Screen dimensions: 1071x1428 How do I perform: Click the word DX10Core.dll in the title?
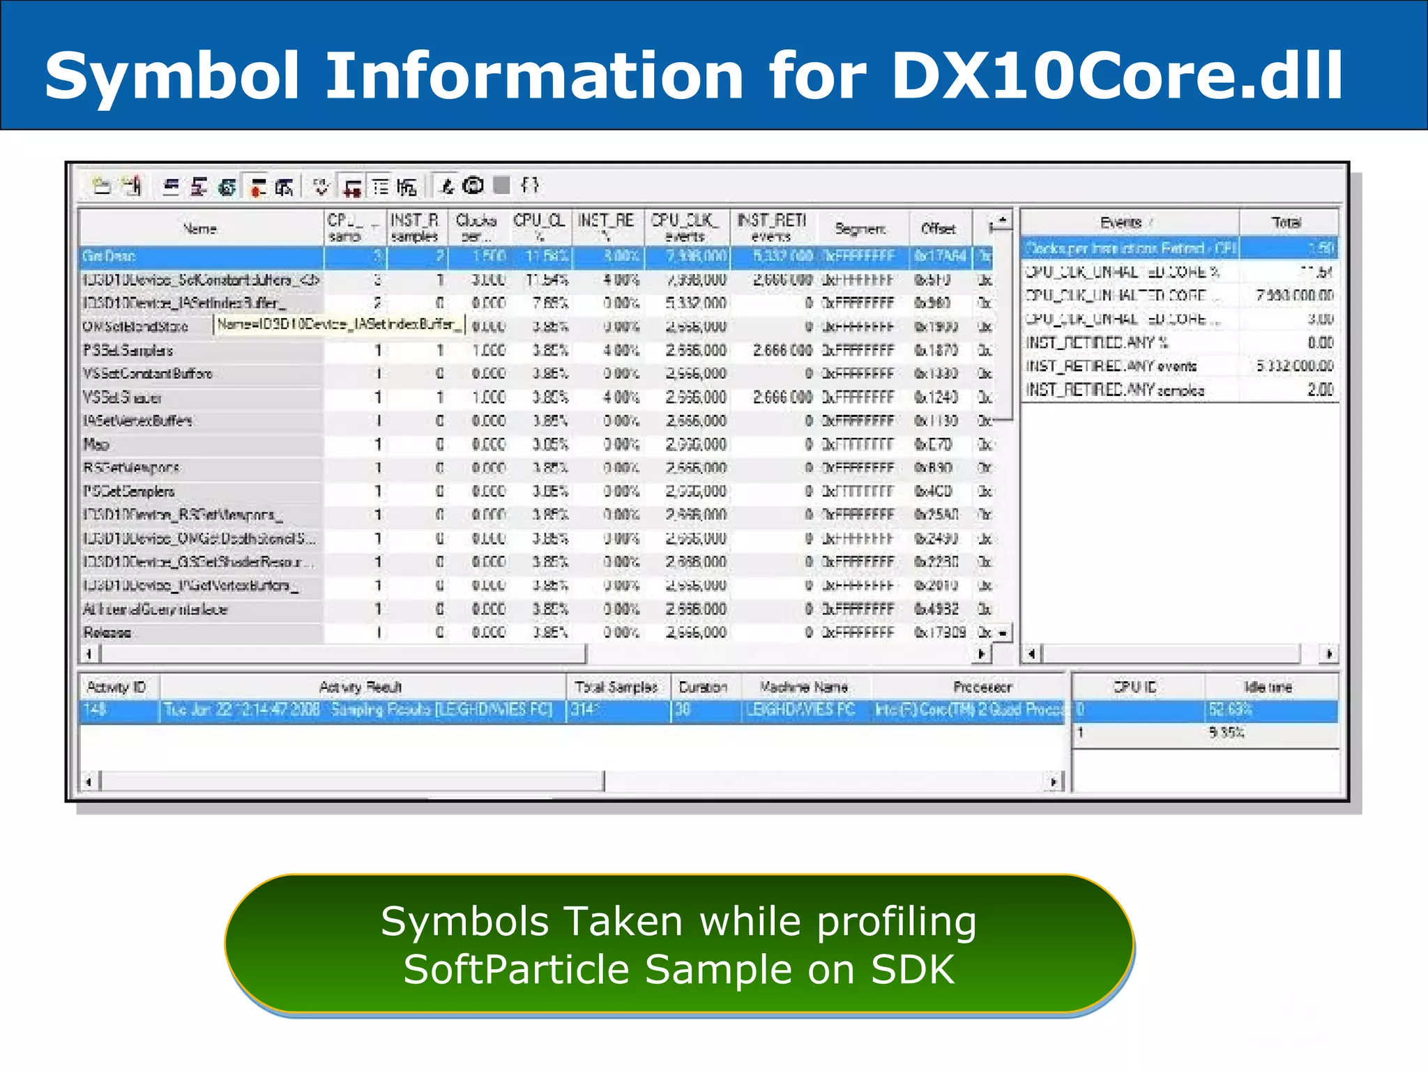(1117, 75)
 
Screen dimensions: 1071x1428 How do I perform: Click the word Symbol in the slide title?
(172, 75)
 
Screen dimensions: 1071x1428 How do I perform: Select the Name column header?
(200, 229)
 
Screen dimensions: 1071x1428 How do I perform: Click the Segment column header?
(860, 229)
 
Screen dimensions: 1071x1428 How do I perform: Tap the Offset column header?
(938, 229)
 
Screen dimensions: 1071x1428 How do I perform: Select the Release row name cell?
(107, 633)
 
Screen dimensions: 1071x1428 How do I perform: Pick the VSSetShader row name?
(123, 397)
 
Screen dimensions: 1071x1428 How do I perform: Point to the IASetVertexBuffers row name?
(137, 421)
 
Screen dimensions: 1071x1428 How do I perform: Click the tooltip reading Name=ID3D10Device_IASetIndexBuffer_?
(339, 324)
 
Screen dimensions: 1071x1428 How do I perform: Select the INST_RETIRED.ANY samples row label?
(1115, 390)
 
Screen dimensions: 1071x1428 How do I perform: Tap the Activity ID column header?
(116, 688)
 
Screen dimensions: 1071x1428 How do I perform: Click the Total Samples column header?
(616, 688)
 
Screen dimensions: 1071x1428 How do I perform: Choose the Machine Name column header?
(804, 688)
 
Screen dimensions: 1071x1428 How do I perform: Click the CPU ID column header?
(1135, 688)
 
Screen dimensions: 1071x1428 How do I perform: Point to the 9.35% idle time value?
(1226, 733)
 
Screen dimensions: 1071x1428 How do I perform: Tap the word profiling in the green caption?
(897, 922)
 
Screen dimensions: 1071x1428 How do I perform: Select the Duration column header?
(703, 688)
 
